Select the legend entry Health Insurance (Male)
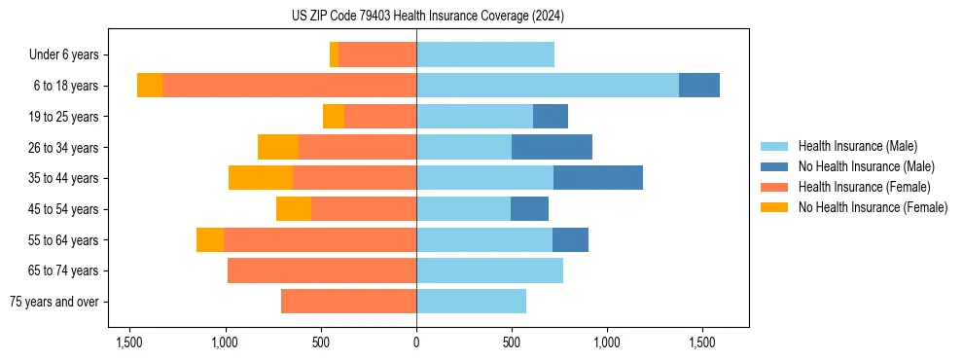857,146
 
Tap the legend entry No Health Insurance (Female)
873,207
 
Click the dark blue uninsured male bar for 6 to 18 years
698,86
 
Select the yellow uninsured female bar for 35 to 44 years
261,178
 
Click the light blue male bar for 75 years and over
471,302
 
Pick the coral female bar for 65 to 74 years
322,270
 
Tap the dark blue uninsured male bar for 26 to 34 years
552,147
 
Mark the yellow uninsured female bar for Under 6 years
334,54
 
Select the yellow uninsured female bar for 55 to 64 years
210,239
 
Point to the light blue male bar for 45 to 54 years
463,209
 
